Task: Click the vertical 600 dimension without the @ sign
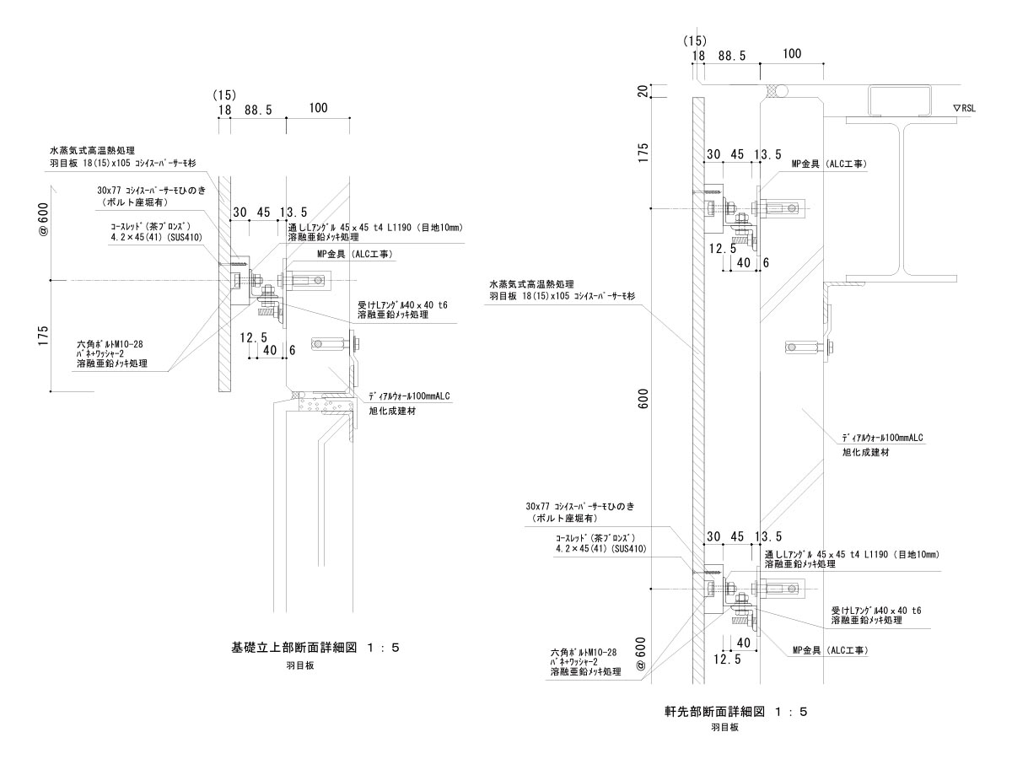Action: [x=644, y=401]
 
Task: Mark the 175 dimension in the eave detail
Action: [x=644, y=155]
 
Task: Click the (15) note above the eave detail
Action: [x=694, y=40]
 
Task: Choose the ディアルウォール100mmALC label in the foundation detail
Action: [x=411, y=396]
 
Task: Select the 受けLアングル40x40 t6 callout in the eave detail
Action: [x=875, y=610]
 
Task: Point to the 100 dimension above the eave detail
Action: [x=791, y=54]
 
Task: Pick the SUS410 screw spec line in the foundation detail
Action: [x=156, y=237]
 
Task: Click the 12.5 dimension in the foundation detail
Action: [x=253, y=337]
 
